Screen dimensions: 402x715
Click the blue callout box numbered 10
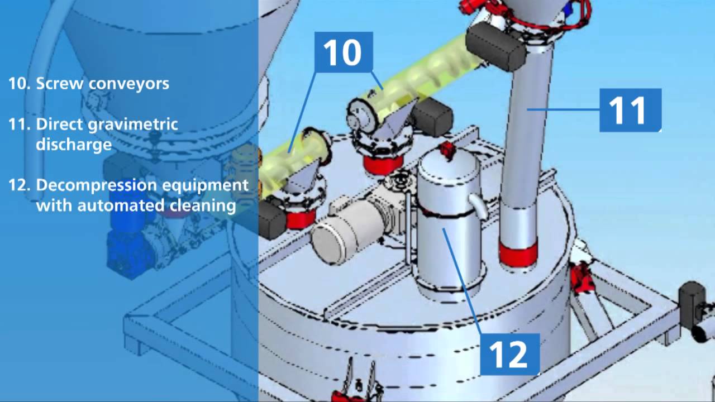[343, 52]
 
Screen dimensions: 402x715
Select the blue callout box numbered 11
[630, 110]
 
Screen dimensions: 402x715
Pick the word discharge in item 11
[74, 144]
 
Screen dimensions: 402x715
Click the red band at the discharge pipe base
[518, 253]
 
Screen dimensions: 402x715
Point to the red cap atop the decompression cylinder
[447, 150]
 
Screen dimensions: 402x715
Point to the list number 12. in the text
[19, 185]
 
